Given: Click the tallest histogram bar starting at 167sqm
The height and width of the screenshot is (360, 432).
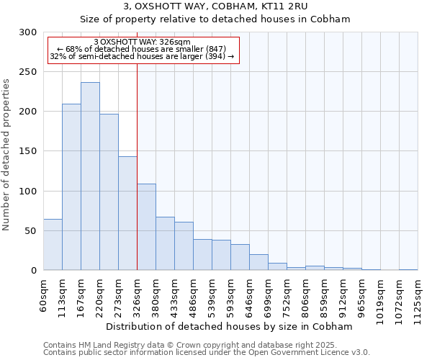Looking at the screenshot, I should click(90, 176).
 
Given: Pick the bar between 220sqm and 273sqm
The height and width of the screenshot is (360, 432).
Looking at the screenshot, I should click(109, 192).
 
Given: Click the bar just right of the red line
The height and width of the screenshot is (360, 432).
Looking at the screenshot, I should click(146, 227).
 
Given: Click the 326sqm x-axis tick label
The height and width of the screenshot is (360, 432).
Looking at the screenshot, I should click(137, 296).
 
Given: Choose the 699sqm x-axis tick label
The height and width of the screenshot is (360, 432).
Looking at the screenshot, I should click(268, 296).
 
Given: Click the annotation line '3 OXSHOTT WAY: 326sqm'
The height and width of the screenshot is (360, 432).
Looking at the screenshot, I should click(142, 42).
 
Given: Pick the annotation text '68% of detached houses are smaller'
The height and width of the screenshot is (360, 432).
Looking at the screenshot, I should click(142, 49).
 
